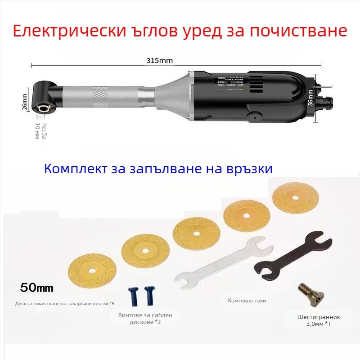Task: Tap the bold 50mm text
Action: pyautogui.click(x=37, y=287)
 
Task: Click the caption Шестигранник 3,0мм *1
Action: pyautogui.click(x=315, y=320)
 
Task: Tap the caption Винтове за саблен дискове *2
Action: pyautogui.click(x=145, y=319)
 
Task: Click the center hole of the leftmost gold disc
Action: pyautogui.click(x=92, y=271)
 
